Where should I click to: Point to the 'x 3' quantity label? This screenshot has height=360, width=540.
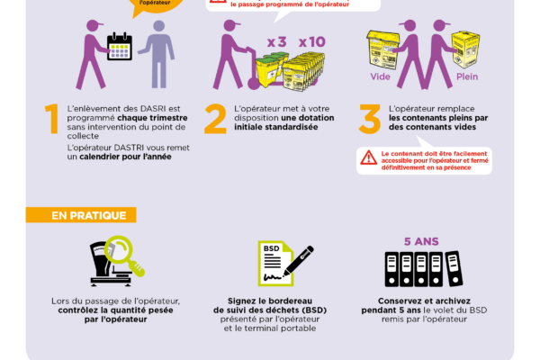[x=277, y=41]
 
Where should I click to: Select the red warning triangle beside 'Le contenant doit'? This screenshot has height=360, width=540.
[x=369, y=157]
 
